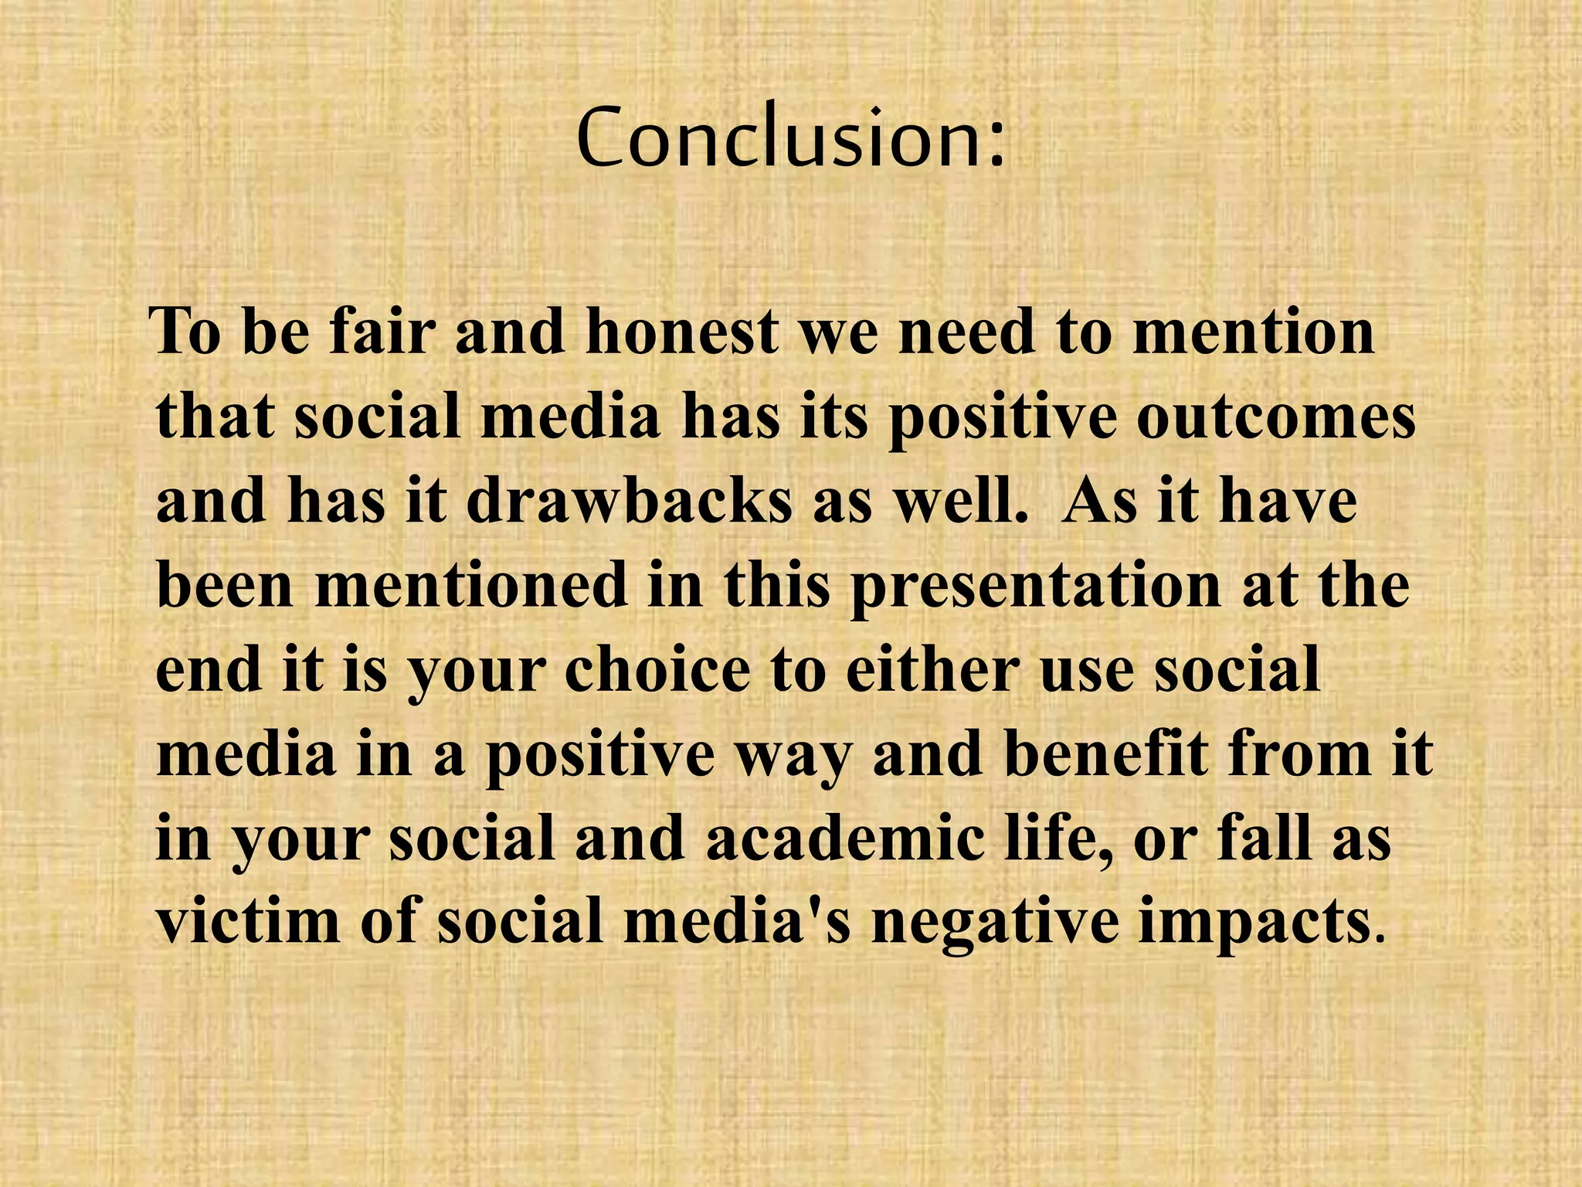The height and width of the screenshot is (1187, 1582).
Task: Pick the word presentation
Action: [1035, 586]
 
